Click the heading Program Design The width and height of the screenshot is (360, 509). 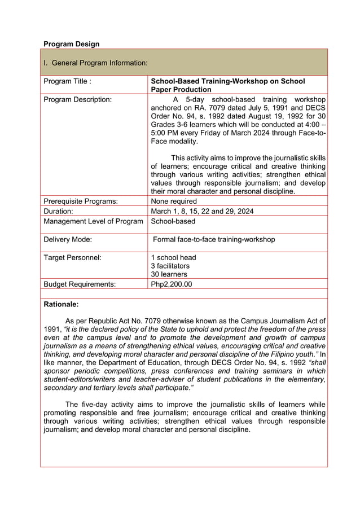[x=72, y=44]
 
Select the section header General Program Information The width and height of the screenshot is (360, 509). [x=96, y=63]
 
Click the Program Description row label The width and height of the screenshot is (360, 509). [x=78, y=99]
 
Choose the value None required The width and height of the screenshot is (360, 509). [x=174, y=201]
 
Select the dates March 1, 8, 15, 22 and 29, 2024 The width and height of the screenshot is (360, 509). [x=202, y=211]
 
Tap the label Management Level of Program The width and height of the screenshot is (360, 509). [x=93, y=221]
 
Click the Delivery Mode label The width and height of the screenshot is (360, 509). [x=68, y=239]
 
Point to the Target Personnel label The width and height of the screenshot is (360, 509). [x=73, y=257]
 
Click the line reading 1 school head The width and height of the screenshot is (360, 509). [x=173, y=257]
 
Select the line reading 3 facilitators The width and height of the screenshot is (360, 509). [x=170, y=266]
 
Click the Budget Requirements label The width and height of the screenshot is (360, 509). [x=80, y=284]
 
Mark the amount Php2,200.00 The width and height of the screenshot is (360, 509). [x=172, y=284]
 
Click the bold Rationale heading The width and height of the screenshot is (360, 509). [x=61, y=304]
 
